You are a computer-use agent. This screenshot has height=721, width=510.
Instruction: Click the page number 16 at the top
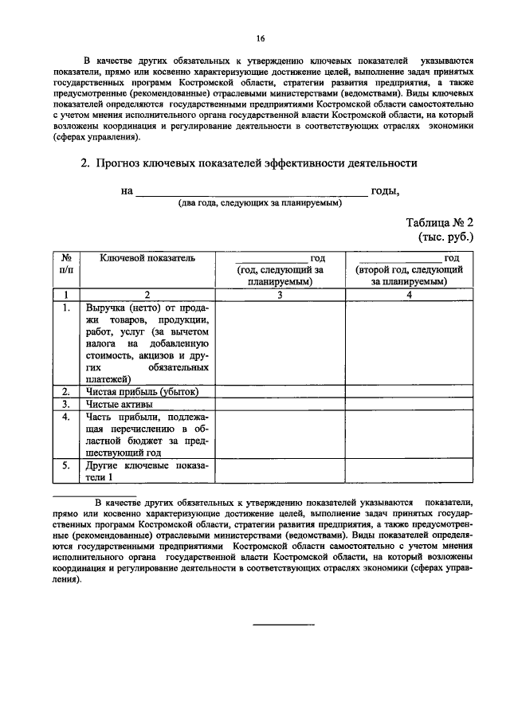click(x=260, y=38)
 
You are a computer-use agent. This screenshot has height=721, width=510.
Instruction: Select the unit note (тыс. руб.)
click(x=446, y=237)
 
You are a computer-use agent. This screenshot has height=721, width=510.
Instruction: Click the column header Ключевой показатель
click(x=147, y=258)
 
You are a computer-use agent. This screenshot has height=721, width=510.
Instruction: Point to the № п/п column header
click(x=68, y=264)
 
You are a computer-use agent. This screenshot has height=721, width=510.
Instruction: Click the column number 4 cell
click(x=409, y=295)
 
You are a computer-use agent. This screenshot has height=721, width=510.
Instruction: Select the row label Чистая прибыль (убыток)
click(x=141, y=391)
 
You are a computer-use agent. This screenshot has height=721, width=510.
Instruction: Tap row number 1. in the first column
click(x=68, y=307)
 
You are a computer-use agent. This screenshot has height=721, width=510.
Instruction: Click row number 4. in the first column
click(x=68, y=417)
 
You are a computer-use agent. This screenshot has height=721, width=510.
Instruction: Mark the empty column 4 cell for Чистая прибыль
click(x=409, y=391)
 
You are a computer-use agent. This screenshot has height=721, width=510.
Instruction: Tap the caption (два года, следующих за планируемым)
click(x=260, y=203)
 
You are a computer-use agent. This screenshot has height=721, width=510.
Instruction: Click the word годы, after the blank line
click(x=385, y=190)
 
